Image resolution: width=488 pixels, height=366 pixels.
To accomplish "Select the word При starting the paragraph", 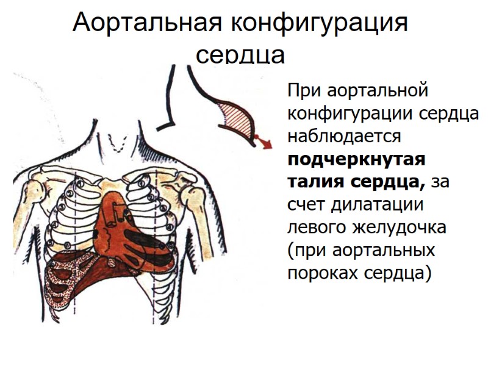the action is pos(304,91).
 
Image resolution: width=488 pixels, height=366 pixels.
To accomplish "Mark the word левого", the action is pos(315,227).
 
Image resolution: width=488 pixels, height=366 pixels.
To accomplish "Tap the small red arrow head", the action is pos(266,142).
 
